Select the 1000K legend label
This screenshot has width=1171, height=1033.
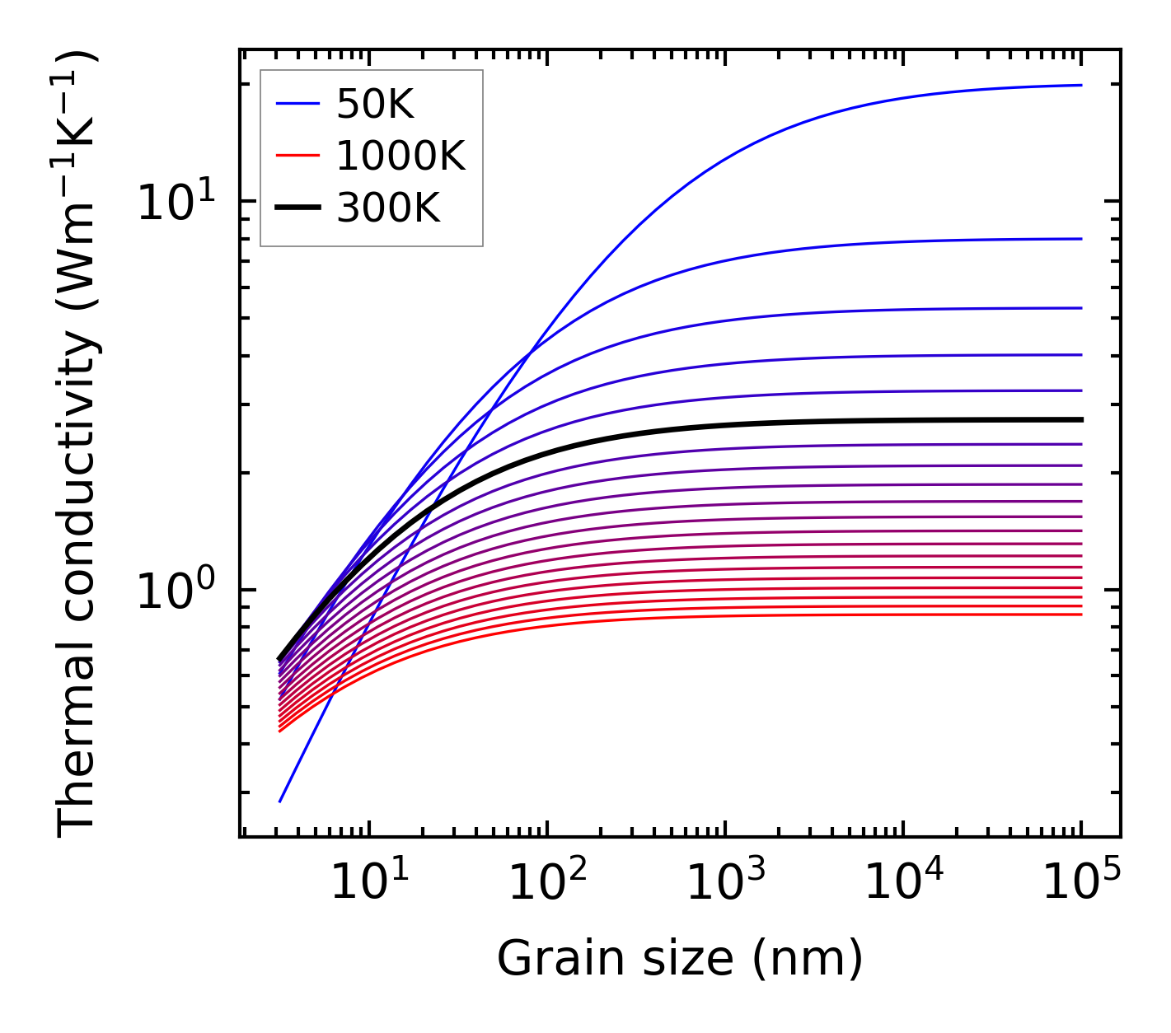point(400,156)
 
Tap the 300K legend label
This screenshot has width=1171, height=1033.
point(388,209)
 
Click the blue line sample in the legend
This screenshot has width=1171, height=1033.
point(297,104)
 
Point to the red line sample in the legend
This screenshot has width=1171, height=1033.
point(297,156)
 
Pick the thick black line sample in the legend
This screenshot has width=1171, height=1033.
point(297,208)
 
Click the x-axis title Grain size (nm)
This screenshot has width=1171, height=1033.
point(680,959)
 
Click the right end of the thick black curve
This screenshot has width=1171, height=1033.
point(1081,420)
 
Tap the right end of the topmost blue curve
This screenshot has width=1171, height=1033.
point(1081,85)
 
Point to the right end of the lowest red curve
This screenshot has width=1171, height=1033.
point(1081,614)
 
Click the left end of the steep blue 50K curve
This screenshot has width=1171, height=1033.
point(280,801)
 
